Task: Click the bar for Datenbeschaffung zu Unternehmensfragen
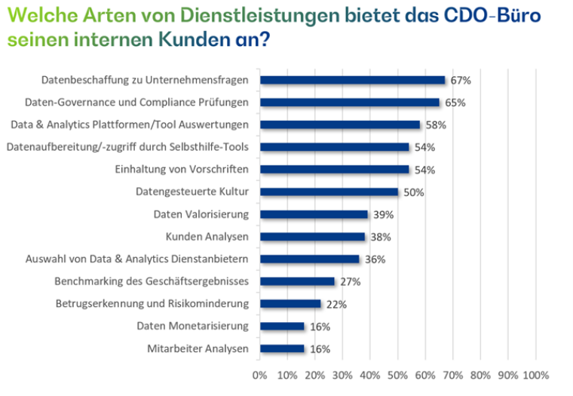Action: click(352, 80)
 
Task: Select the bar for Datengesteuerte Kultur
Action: click(329, 192)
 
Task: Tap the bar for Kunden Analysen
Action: click(312, 237)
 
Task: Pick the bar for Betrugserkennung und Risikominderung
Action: click(290, 304)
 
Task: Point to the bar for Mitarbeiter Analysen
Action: click(282, 348)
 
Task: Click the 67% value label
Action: click(460, 80)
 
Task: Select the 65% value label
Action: click(455, 103)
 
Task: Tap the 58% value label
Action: click(436, 125)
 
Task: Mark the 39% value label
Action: click(383, 215)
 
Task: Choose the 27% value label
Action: click(350, 282)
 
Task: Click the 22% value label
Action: click(336, 304)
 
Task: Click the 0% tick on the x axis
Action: click(259, 375)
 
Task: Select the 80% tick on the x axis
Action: click(480, 375)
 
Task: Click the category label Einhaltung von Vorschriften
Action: click(187, 170)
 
